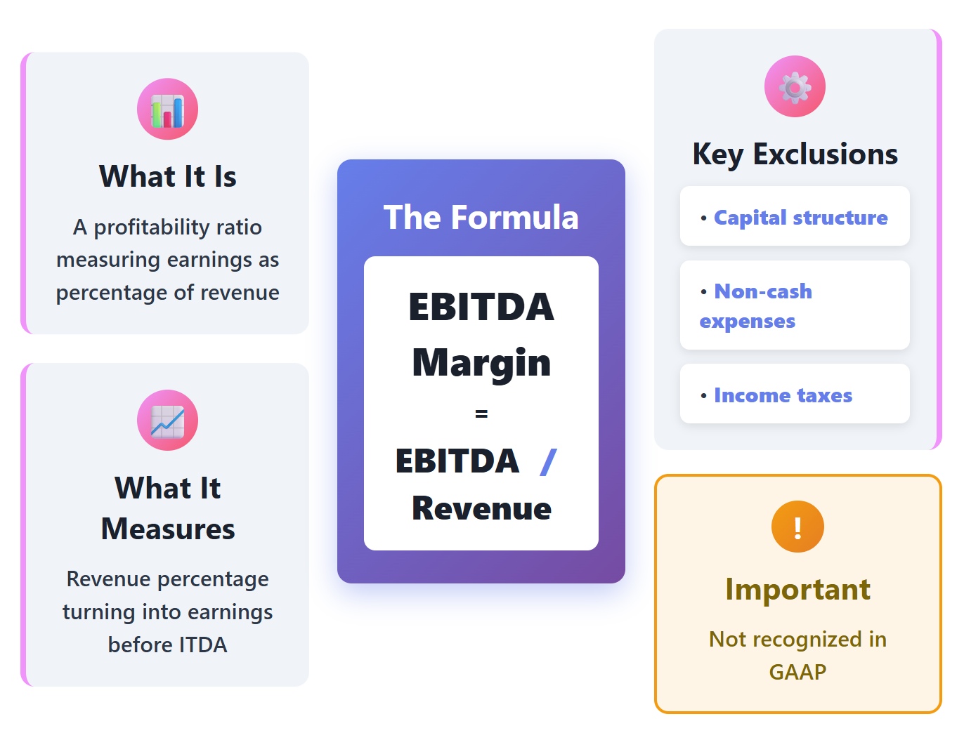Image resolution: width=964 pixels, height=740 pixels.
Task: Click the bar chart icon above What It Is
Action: [167, 109]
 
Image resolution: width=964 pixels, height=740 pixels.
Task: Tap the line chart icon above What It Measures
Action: [167, 420]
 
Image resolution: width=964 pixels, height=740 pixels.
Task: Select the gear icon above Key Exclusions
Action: [795, 86]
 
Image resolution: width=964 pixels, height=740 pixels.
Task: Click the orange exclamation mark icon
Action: [797, 527]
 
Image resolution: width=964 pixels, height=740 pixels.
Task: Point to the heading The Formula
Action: [481, 217]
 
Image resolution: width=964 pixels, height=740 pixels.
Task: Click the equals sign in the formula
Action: [481, 414]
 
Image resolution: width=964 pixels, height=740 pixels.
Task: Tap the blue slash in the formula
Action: [548, 461]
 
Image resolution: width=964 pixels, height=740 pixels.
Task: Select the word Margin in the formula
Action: [481, 362]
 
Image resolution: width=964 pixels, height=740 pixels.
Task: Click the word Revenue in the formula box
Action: [481, 508]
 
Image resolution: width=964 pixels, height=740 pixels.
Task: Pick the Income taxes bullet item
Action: [783, 395]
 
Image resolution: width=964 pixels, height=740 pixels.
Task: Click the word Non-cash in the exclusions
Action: [763, 291]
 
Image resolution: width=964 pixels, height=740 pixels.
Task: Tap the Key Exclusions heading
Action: [795, 154]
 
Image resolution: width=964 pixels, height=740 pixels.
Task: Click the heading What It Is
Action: [167, 176]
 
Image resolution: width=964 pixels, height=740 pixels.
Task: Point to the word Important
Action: [797, 589]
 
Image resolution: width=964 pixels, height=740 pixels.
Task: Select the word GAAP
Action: [797, 672]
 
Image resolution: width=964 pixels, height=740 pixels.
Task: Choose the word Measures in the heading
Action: [167, 529]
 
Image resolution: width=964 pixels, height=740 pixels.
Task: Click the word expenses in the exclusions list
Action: [748, 322]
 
